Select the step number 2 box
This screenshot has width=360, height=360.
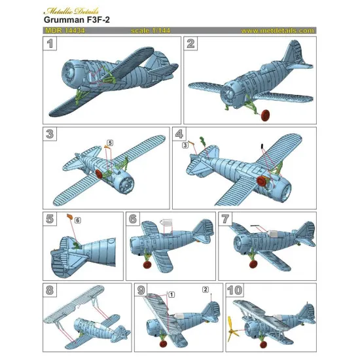[191, 45]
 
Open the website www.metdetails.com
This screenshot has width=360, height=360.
[277, 31]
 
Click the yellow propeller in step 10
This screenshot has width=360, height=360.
[233, 335]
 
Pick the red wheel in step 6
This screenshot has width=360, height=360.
[147, 265]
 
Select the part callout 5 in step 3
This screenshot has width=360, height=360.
[109, 142]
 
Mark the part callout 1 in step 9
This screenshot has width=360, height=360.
[171, 294]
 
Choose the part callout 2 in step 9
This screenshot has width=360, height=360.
[206, 289]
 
